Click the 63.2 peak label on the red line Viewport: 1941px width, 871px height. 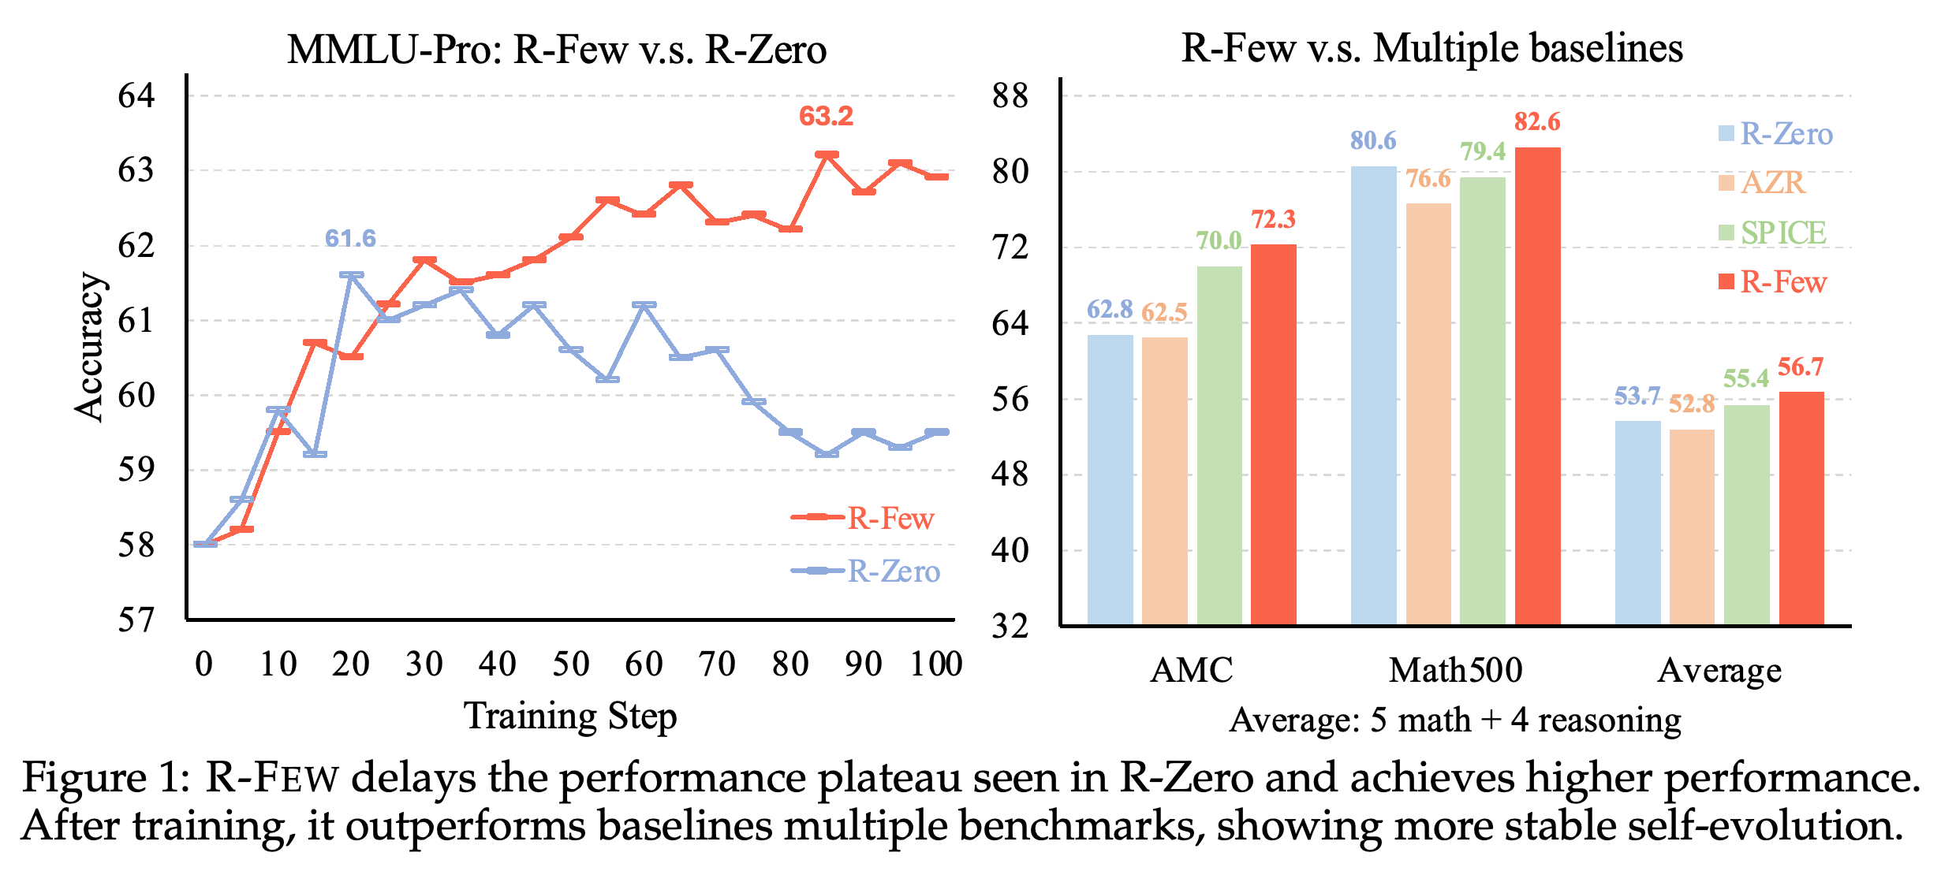coord(826,117)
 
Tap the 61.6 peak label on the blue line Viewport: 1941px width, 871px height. coord(350,238)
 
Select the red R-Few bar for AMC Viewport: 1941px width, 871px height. coord(1273,434)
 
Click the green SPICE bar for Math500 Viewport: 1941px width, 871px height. coord(1482,401)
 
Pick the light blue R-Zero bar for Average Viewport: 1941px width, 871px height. coord(1637,523)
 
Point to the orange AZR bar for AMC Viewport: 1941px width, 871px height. coord(1164,481)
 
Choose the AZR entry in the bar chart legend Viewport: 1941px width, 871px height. coord(1761,183)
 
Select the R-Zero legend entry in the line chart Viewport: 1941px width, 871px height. coord(865,571)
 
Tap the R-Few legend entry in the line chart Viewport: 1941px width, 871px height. coord(862,518)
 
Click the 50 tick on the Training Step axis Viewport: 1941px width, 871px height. coord(570,664)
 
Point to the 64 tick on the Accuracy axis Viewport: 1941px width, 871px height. coord(136,95)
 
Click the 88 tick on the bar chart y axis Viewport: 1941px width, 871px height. coord(1010,96)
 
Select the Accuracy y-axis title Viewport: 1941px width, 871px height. coord(89,348)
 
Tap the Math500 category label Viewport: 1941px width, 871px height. coord(1455,670)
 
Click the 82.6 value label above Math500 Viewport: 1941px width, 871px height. coord(1536,121)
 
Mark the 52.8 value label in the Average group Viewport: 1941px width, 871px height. coord(1692,404)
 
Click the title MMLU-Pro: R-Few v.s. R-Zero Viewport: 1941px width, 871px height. coord(557,49)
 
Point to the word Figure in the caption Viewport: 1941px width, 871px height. coord(84,778)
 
